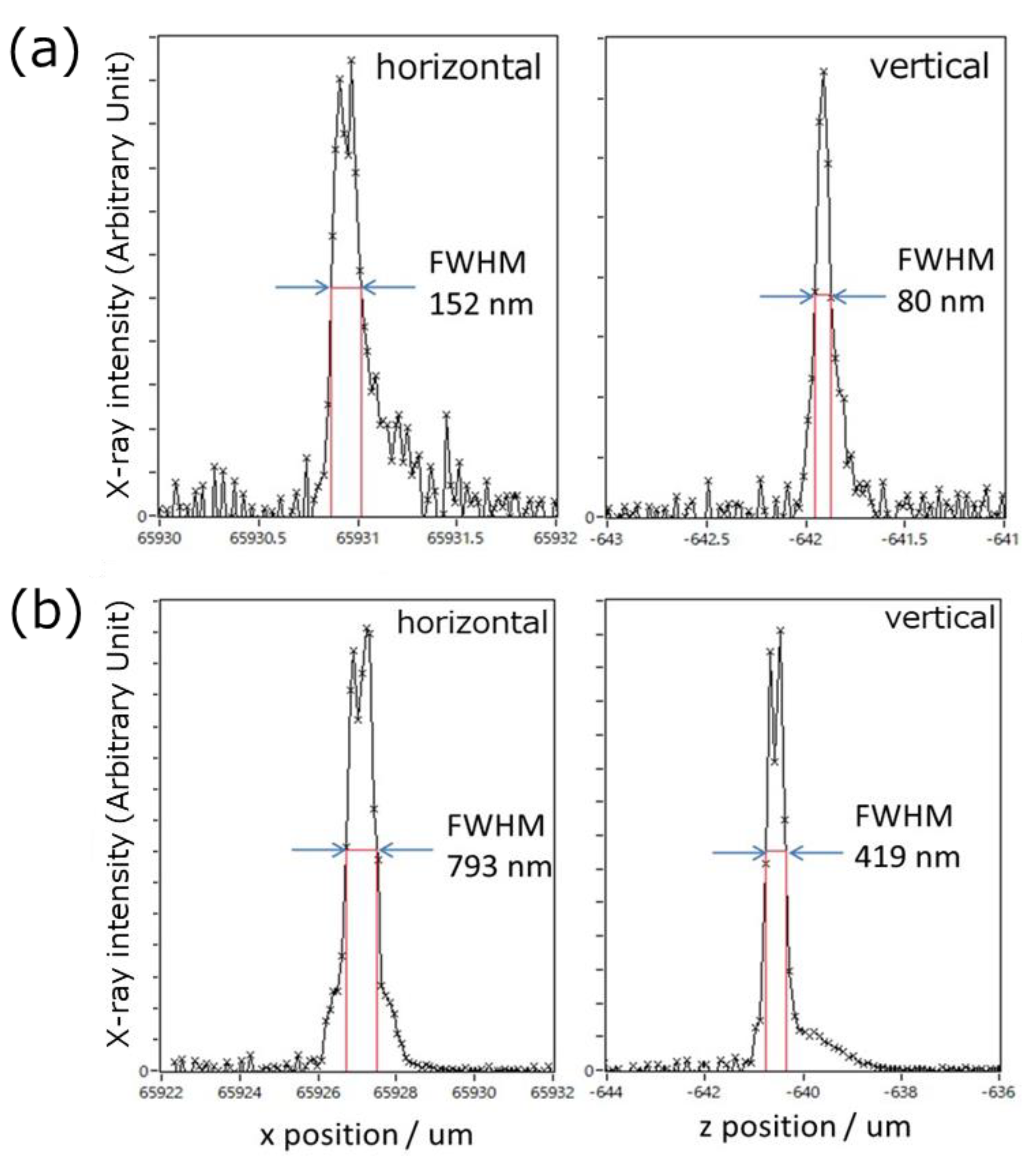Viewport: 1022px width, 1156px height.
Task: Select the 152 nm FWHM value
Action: pyautogui.click(x=481, y=305)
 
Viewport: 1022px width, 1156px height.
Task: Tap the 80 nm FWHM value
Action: pyautogui.click(x=940, y=302)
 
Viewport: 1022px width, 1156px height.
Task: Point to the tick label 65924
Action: pyautogui.click(x=240, y=1092)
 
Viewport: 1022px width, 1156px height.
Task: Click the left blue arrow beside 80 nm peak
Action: pyautogui.click(x=786, y=297)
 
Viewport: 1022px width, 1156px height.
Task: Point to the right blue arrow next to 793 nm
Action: pyautogui.click(x=406, y=850)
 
